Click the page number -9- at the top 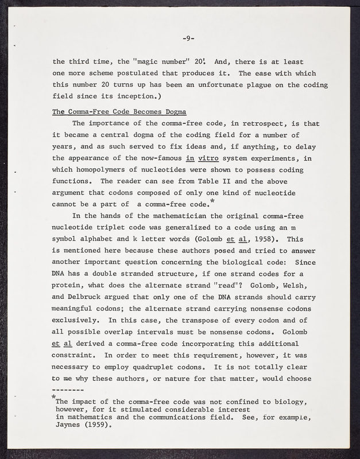tap(188, 39)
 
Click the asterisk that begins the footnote tap(53, 397)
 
